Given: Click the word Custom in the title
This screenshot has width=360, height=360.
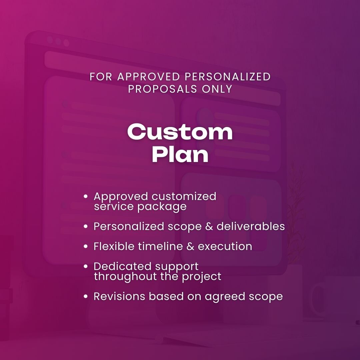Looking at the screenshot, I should [x=180, y=132].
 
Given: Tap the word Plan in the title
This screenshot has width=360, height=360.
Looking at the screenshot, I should [x=180, y=154].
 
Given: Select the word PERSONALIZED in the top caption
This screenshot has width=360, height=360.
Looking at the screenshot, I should [x=228, y=76].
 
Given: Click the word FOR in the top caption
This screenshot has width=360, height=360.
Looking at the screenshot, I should [x=101, y=76].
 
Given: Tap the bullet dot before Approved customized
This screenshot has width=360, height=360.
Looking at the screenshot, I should [x=86, y=197].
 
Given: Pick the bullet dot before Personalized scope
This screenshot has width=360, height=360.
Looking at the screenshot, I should [x=86, y=227].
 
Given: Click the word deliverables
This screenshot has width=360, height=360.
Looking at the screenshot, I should [x=251, y=226].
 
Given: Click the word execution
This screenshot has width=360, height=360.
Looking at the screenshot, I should [x=225, y=247].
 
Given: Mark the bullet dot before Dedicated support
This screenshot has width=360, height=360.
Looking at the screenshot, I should [x=86, y=267].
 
